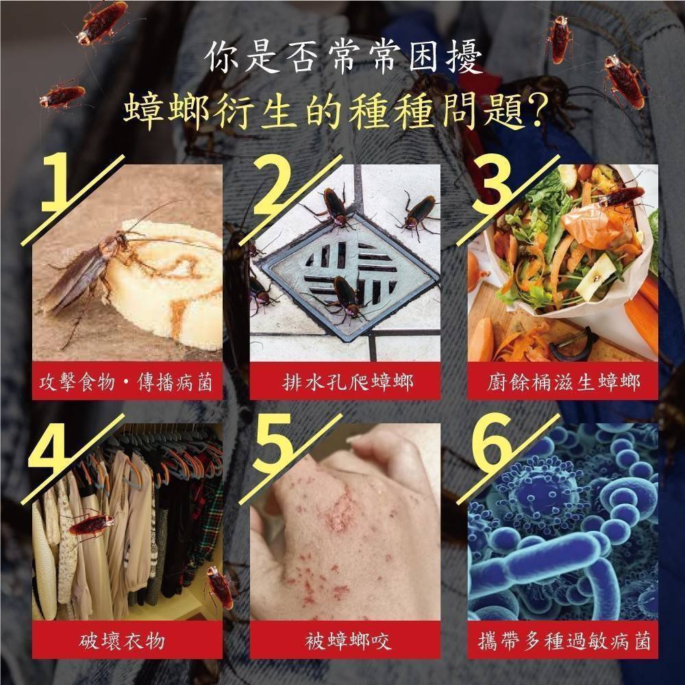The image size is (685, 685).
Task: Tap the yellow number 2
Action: pyautogui.click(x=275, y=184)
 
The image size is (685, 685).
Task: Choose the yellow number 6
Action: pyautogui.click(x=496, y=445)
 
